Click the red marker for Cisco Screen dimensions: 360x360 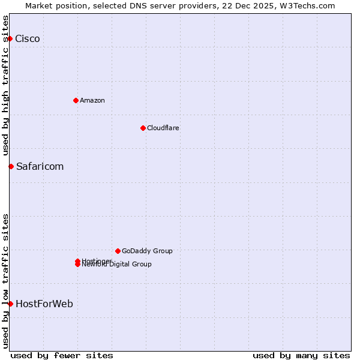(10, 38)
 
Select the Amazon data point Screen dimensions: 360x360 (76, 100)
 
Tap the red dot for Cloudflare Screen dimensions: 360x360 (143, 128)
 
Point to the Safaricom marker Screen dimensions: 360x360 (11, 166)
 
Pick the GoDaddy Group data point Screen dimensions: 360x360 (118, 251)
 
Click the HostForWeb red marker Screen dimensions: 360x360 (10, 304)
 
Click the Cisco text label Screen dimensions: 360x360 (28, 39)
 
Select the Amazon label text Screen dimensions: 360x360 (92, 100)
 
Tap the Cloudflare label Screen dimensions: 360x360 (163, 128)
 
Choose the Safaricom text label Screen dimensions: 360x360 (40, 167)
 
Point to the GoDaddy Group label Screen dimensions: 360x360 (147, 251)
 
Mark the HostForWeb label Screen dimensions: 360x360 (44, 304)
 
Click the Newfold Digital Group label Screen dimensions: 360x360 (117, 265)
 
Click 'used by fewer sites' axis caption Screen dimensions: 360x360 (62, 355)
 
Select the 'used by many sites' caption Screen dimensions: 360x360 (301, 355)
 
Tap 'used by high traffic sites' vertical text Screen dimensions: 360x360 (5, 85)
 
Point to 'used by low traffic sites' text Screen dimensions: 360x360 (5, 281)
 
